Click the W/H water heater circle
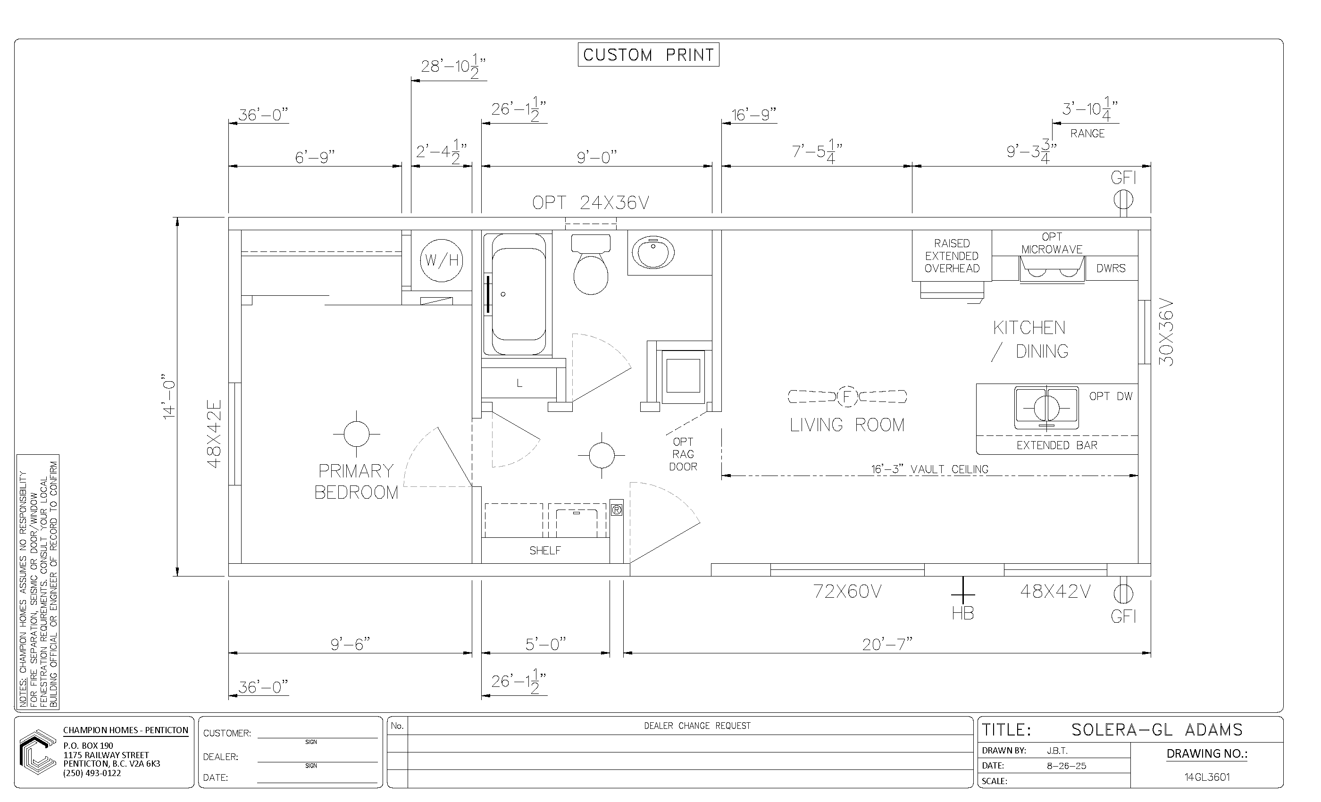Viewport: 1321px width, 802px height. (x=441, y=260)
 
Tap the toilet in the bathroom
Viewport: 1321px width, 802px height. (x=591, y=264)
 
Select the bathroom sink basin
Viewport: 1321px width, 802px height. (x=652, y=253)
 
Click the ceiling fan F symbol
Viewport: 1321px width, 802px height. (x=847, y=397)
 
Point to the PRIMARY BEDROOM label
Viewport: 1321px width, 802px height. (x=356, y=481)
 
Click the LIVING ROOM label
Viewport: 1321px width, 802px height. (x=847, y=425)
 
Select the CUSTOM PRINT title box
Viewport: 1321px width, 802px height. (x=648, y=55)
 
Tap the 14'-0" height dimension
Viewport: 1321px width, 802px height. (x=169, y=397)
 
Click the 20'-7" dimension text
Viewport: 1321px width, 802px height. (x=887, y=644)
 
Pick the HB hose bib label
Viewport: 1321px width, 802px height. (x=963, y=613)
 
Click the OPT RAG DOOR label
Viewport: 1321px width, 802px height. (x=683, y=454)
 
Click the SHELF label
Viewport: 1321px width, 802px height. (x=545, y=551)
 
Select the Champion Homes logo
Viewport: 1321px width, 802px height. (x=38, y=752)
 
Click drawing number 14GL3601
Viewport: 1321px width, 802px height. (x=1207, y=777)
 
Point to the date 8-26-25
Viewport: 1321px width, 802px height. (x=1066, y=766)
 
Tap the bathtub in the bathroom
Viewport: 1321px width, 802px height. (x=518, y=294)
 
